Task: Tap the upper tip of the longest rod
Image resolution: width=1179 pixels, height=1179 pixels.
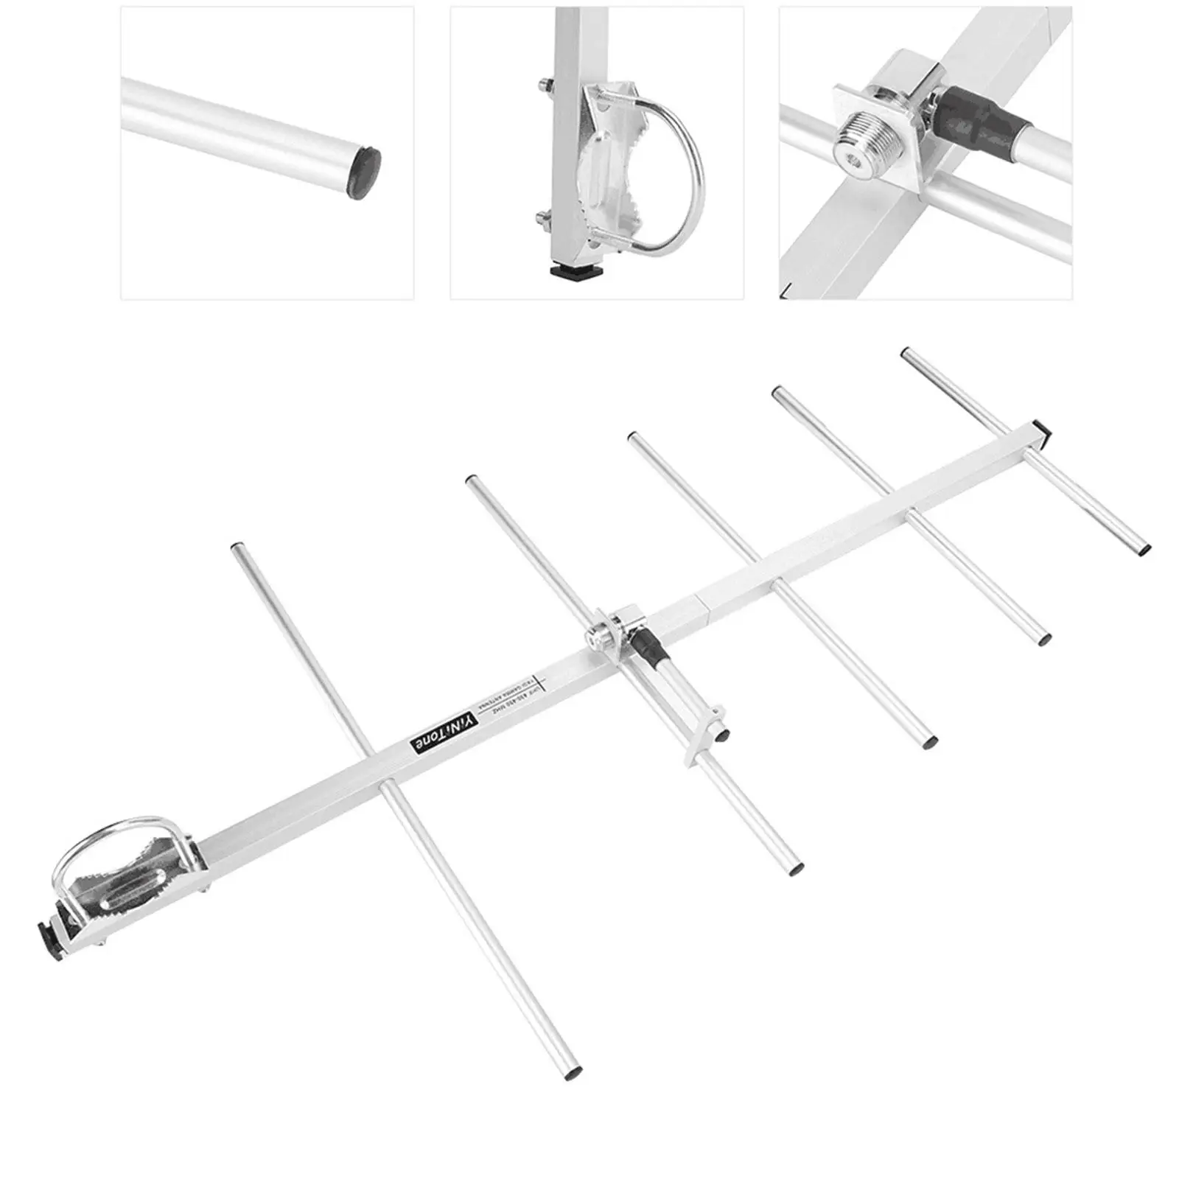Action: click(237, 549)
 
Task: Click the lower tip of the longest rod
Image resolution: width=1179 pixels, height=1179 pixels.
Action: click(572, 1074)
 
